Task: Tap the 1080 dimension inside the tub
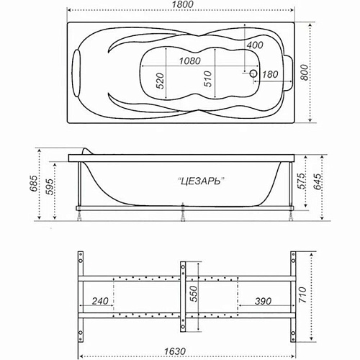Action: pyautogui.click(x=185, y=62)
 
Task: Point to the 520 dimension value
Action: pyautogui.click(x=161, y=79)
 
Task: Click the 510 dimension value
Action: pyautogui.click(x=207, y=79)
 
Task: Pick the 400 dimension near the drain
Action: pyautogui.click(x=253, y=45)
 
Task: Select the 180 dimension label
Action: pyautogui.click(x=270, y=74)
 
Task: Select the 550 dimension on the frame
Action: pyautogui.click(x=192, y=294)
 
